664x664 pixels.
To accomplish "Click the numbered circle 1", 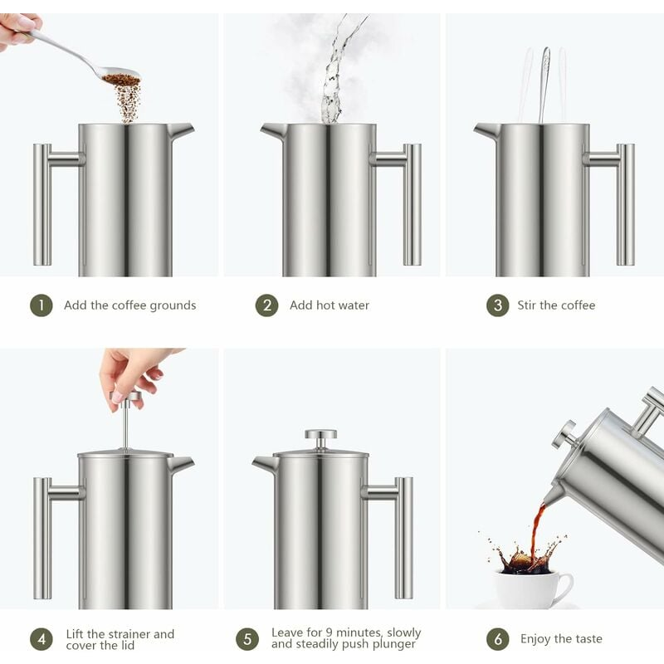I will point(41,305).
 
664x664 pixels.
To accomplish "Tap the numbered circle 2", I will point(266,305).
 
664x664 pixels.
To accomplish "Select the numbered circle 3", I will point(497,305).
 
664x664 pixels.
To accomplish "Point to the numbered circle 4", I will point(41,639).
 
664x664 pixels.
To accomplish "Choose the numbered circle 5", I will point(247,639).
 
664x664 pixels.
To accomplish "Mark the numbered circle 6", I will point(497,639).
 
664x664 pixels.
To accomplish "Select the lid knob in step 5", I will point(320,435).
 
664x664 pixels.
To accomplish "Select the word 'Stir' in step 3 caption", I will point(527,305).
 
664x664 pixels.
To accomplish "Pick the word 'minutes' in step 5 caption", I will point(359,632).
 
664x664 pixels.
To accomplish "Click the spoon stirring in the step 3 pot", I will point(544,83).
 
